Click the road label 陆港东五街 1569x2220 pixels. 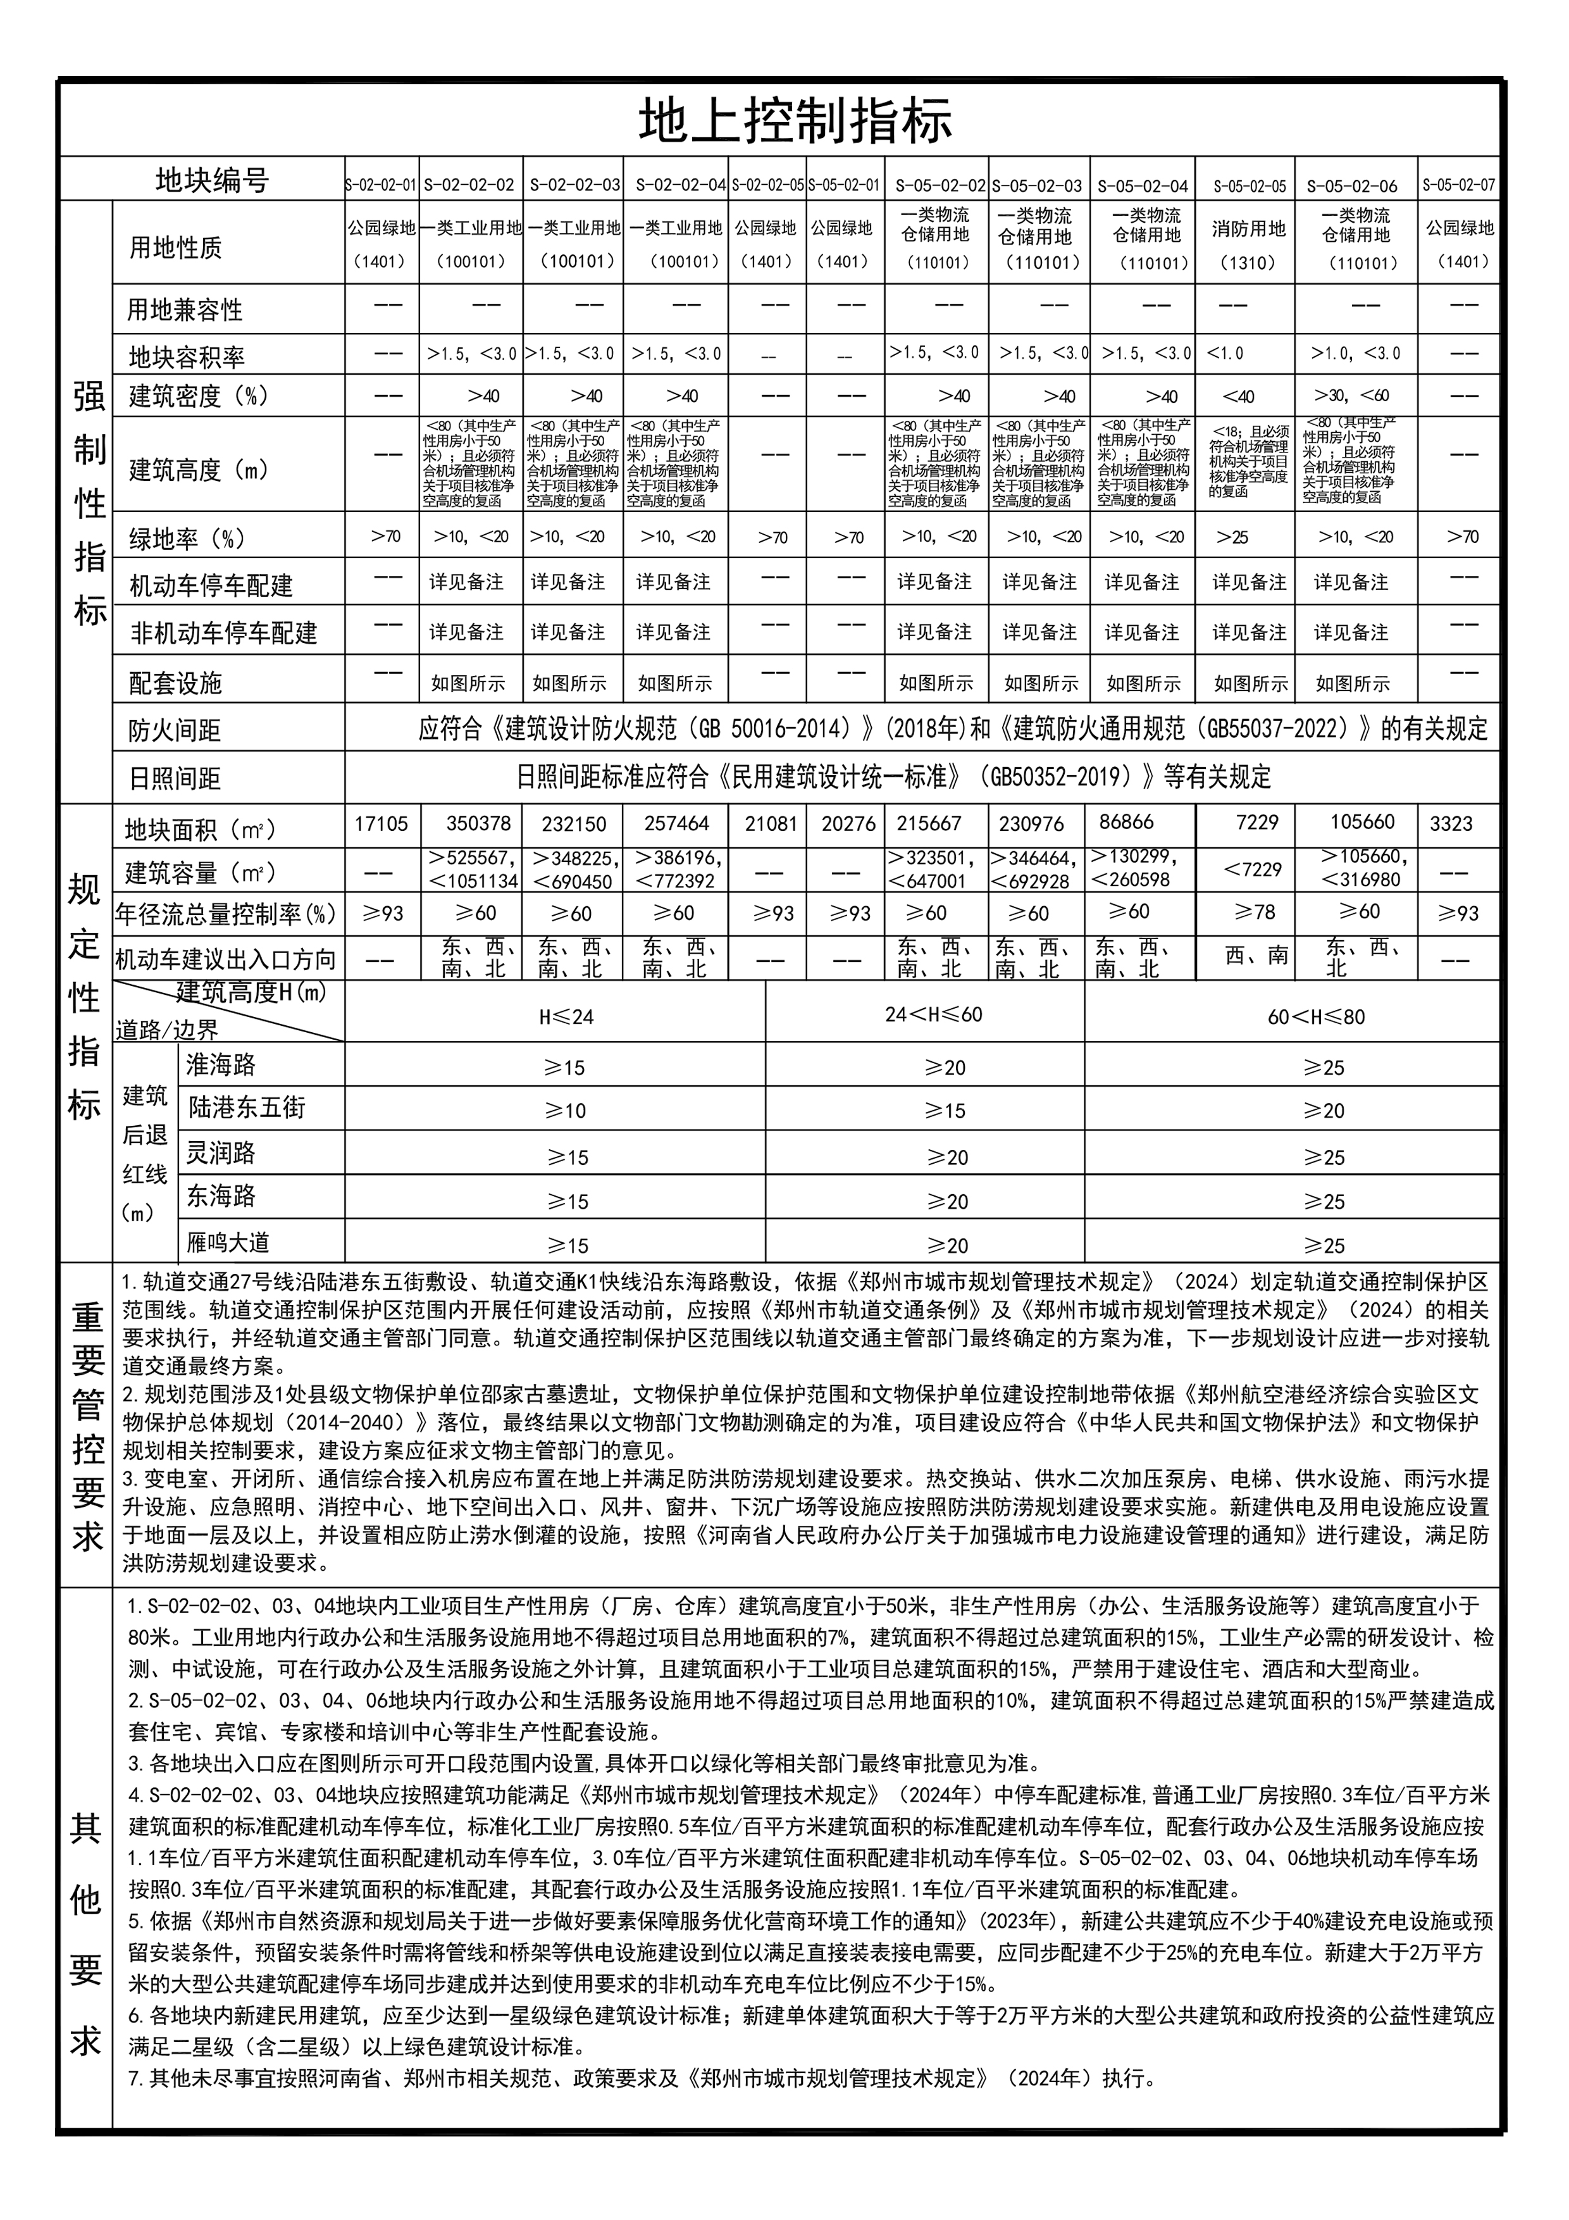coord(247,1107)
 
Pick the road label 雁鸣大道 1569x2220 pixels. coord(228,1242)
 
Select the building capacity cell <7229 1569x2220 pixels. coord(1253,870)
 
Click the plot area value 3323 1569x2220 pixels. coord(1451,824)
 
